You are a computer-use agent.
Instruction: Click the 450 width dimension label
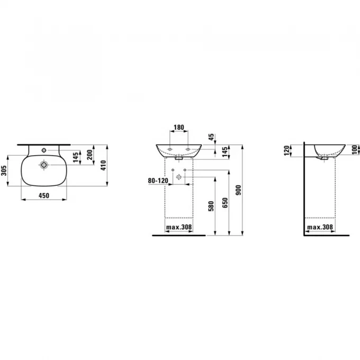[43, 195]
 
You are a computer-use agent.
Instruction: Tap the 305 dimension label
[4, 170]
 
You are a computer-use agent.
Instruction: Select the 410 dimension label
[104, 165]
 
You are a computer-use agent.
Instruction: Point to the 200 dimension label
[90, 155]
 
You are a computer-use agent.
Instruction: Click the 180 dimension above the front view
[178, 127]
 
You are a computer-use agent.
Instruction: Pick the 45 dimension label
[211, 137]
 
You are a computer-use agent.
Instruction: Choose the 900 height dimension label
[238, 190]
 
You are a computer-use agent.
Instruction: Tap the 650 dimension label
[225, 203]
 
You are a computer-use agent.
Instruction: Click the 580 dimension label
[211, 206]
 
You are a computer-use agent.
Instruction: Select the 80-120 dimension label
[158, 181]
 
